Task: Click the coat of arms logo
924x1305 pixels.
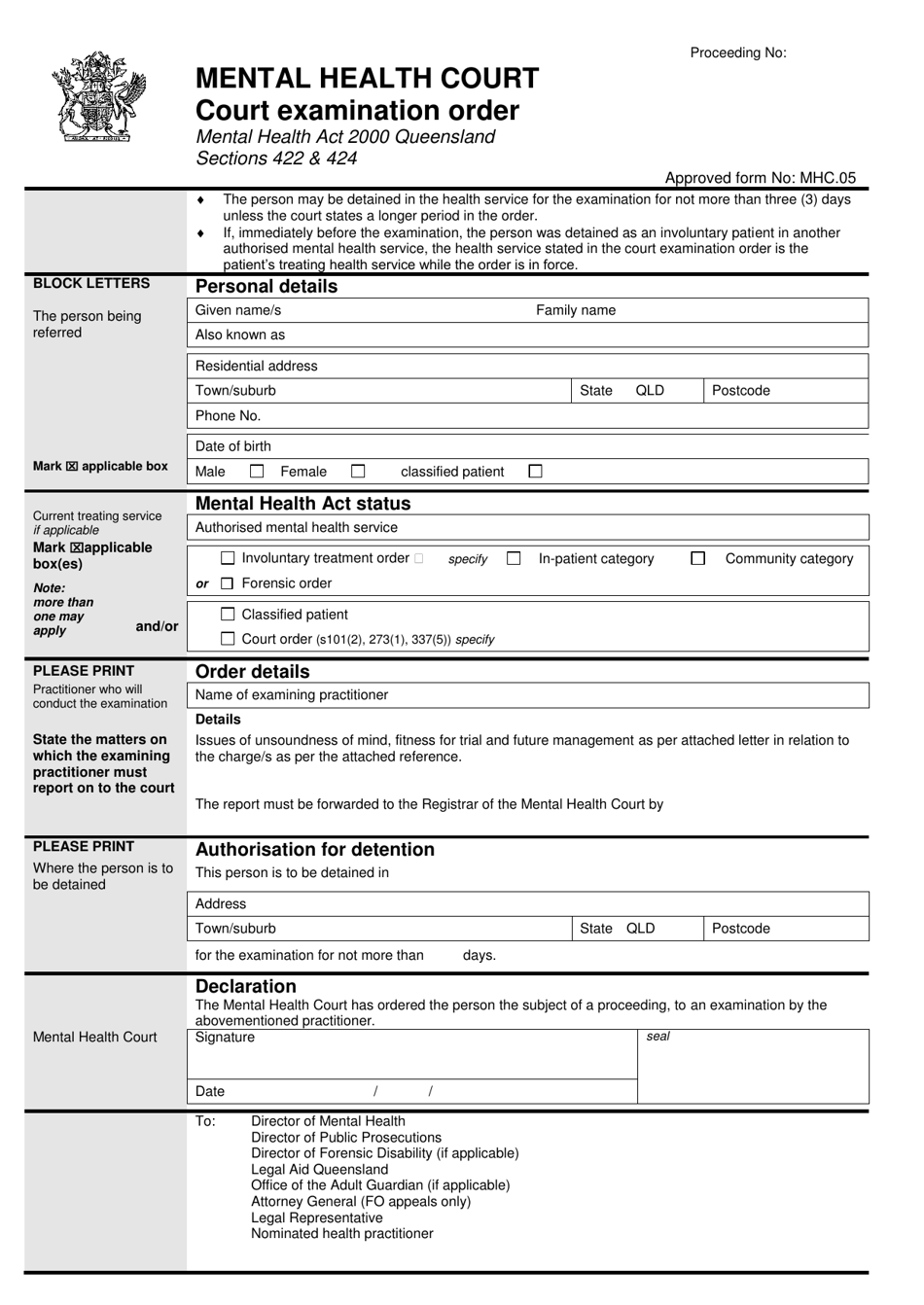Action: (x=98, y=97)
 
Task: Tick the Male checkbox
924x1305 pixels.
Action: (x=257, y=472)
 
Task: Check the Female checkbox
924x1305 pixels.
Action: (x=358, y=472)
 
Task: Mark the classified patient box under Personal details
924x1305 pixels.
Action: (x=535, y=472)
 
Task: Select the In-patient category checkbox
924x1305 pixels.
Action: (x=514, y=558)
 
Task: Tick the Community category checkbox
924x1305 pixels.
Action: (x=697, y=558)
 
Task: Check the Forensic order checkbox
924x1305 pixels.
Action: (x=228, y=583)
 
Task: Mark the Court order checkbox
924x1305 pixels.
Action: (x=228, y=640)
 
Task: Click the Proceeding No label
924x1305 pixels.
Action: (x=737, y=53)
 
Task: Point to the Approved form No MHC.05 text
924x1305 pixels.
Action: (x=760, y=178)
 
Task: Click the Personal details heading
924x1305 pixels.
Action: (x=267, y=287)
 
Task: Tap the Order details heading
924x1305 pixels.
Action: (x=252, y=672)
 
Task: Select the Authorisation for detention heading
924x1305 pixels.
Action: (x=314, y=850)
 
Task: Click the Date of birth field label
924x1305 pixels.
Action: (x=233, y=446)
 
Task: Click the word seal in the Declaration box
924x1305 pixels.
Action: (x=658, y=1037)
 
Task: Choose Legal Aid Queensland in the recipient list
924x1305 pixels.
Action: (x=319, y=1170)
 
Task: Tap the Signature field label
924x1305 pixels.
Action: (x=225, y=1038)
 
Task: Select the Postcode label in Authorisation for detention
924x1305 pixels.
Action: (x=740, y=929)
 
